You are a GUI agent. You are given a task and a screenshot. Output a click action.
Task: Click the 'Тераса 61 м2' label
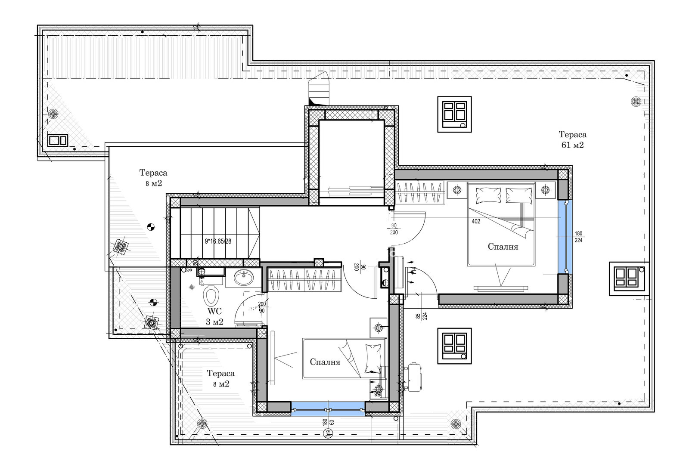pyautogui.click(x=572, y=140)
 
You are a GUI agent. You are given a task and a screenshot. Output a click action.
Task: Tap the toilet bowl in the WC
pyautogui.click(x=211, y=296)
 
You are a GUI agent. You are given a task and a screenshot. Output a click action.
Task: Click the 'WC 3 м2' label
pyautogui.click(x=214, y=316)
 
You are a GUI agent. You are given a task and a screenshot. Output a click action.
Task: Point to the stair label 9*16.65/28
pyautogui.click(x=218, y=241)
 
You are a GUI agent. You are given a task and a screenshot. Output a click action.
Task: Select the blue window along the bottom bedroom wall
pyautogui.click(x=328, y=408)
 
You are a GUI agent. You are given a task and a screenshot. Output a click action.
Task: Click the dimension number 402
pyautogui.click(x=476, y=222)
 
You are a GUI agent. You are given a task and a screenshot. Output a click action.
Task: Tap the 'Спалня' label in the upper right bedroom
pyautogui.click(x=503, y=247)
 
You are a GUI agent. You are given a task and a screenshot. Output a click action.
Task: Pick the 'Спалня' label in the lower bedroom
pyautogui.click(x=325, y=362)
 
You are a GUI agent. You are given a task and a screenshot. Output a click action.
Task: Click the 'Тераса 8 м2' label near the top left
pyautogui.click(x=153, y=178)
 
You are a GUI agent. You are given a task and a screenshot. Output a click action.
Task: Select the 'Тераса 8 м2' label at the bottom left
pyautogui.click(x=220, y=378)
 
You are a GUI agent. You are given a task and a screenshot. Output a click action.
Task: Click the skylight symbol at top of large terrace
pyautogui.click(x=455, y=114)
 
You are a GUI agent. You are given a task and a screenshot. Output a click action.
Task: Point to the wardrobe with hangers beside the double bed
pyautogui.click(x=420, y=193)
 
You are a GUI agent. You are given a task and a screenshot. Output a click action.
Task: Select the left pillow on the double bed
pyautogui.click(x=485, y=196)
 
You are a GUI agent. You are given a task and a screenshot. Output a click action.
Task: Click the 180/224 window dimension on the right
pyautogui.click(x=578, y=237)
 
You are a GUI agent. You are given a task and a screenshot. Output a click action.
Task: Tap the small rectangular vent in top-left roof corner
pyautogui.click(x=57, y=140)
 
